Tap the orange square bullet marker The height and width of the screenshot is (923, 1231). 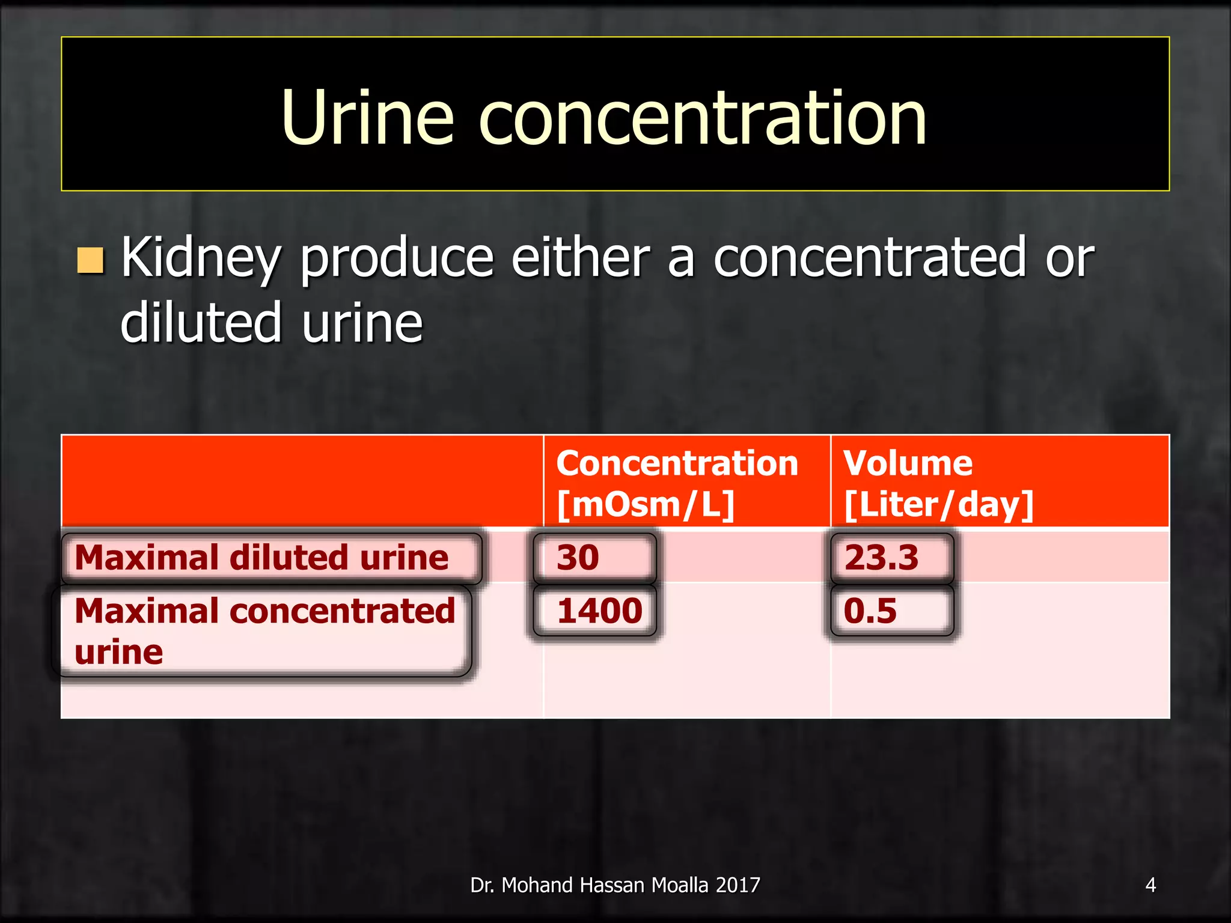pos(91,260)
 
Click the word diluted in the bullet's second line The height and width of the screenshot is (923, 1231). pos(201,323)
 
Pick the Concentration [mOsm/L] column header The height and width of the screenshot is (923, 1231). pos(677,483)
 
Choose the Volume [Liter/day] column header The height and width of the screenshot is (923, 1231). pos(938,483)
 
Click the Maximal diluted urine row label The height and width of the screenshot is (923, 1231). pos(261,558)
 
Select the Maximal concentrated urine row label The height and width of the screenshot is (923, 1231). pos(264,631)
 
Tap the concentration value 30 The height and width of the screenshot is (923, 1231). pos(578,558)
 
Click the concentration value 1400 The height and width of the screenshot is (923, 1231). pos(599,611)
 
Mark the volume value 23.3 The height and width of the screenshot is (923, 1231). pos(881,558)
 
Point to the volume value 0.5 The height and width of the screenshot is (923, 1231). pos(870,611)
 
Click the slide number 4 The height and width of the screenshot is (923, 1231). pos(1150,885)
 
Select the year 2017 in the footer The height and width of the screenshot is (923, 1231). pos(738,885)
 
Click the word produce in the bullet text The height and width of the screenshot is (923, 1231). pos(397,259)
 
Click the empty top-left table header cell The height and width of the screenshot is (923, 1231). pos(302,481)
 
